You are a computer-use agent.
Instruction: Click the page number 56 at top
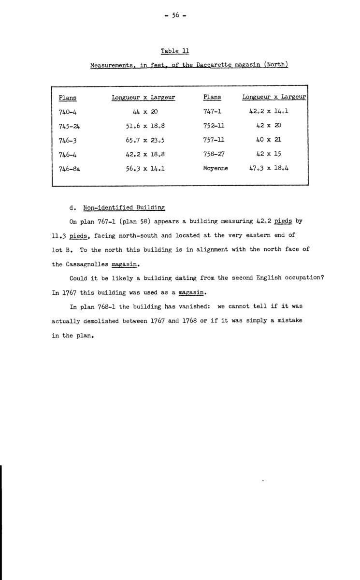point(175,15)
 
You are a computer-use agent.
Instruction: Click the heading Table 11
point(175,51)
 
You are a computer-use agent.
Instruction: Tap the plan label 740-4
point(65,111)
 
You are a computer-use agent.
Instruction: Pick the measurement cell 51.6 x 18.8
point(143,126)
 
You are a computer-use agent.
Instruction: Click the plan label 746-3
point(65,140)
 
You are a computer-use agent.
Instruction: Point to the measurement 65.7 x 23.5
point(143,140)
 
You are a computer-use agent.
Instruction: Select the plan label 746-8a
point(68,169)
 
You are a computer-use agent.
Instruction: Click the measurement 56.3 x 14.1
point(143,169)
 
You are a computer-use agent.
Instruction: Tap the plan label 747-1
point(212,111)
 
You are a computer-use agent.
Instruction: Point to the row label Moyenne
point(216,169)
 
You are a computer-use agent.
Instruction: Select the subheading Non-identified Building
point(124,208)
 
